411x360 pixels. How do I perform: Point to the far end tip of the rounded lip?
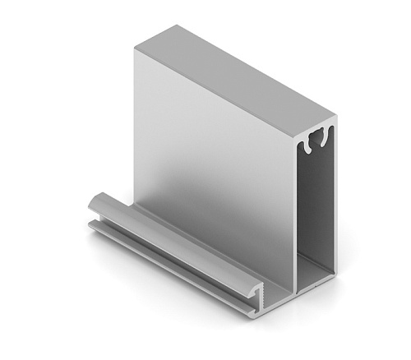[93, 201]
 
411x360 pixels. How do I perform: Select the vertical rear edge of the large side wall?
[133, 123]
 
